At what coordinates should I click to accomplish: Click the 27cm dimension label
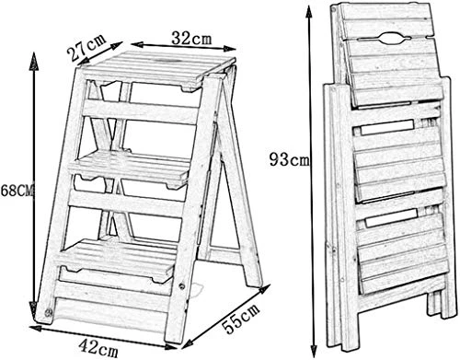point(86,47)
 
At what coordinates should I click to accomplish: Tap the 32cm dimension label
point(191,38)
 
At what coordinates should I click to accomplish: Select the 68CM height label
point(17,191)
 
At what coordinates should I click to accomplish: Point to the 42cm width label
point(98,347)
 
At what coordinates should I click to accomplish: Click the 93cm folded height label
point(290,159)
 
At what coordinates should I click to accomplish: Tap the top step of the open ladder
point(157,68)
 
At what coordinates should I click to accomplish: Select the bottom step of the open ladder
point(118,258)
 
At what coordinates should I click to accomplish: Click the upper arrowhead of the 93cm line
point(309,13)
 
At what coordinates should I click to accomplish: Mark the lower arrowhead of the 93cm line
point(314,347)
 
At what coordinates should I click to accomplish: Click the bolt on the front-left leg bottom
point(48,313)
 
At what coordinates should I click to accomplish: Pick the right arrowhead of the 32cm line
point(229,49)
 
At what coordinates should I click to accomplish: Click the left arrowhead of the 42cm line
point(36,329)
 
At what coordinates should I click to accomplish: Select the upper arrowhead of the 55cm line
point(264,289)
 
